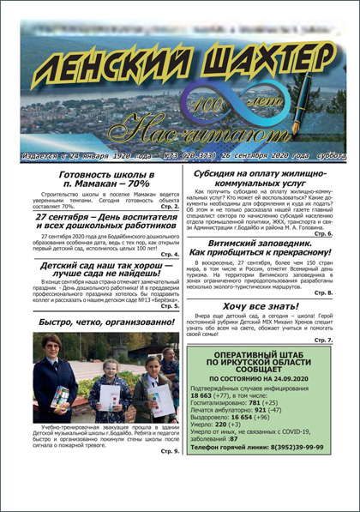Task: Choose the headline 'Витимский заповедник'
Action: coord(261,247)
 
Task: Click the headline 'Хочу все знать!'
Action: coord(261,304)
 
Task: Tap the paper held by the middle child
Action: coord(111,394)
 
